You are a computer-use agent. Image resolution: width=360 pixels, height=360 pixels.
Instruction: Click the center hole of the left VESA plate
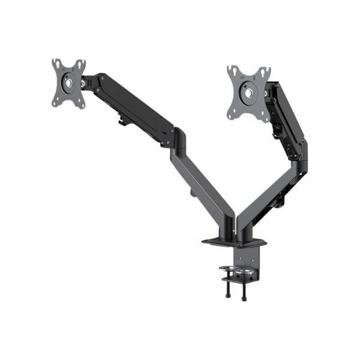tap(68, 83)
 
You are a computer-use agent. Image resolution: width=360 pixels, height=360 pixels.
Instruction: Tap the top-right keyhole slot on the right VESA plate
tap(264, 72)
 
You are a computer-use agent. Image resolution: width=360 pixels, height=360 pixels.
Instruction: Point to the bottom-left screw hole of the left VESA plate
tap(57, 103)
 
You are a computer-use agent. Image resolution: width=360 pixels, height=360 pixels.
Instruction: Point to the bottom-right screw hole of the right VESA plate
tap(264, 116)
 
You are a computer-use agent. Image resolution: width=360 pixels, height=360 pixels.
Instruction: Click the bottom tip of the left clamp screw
tap(229, 296)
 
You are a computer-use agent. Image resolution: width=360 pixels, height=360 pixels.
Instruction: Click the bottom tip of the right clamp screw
tap(244, 298)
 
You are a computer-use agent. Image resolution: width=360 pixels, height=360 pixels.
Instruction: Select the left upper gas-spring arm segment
tap(129, 105)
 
